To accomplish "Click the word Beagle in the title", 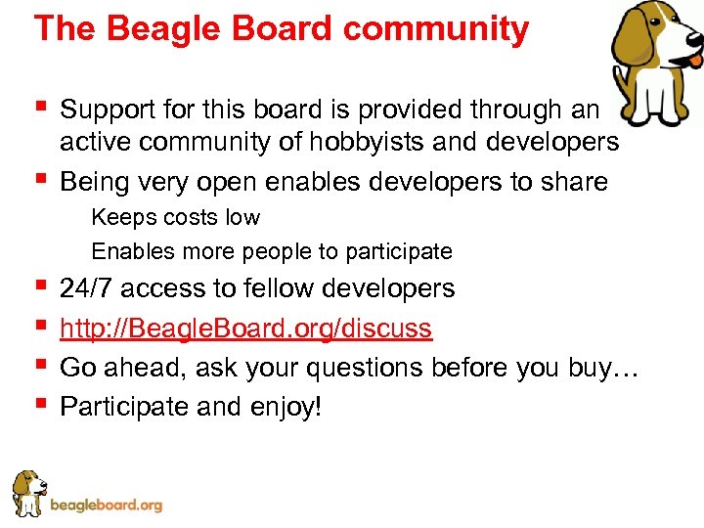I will click(151, 29).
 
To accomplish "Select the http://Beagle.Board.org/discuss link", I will click(245, 329).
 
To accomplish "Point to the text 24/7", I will click(86, 288).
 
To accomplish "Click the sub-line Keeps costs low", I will click(176, 217).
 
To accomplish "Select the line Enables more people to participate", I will click(272, 251).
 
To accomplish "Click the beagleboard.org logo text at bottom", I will click(106, 506).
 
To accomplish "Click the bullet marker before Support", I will click(40, 106).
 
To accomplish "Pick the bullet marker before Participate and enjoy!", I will click(40, 403).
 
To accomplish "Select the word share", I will click(576, 182).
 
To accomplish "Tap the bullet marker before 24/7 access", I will click(40, 285).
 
